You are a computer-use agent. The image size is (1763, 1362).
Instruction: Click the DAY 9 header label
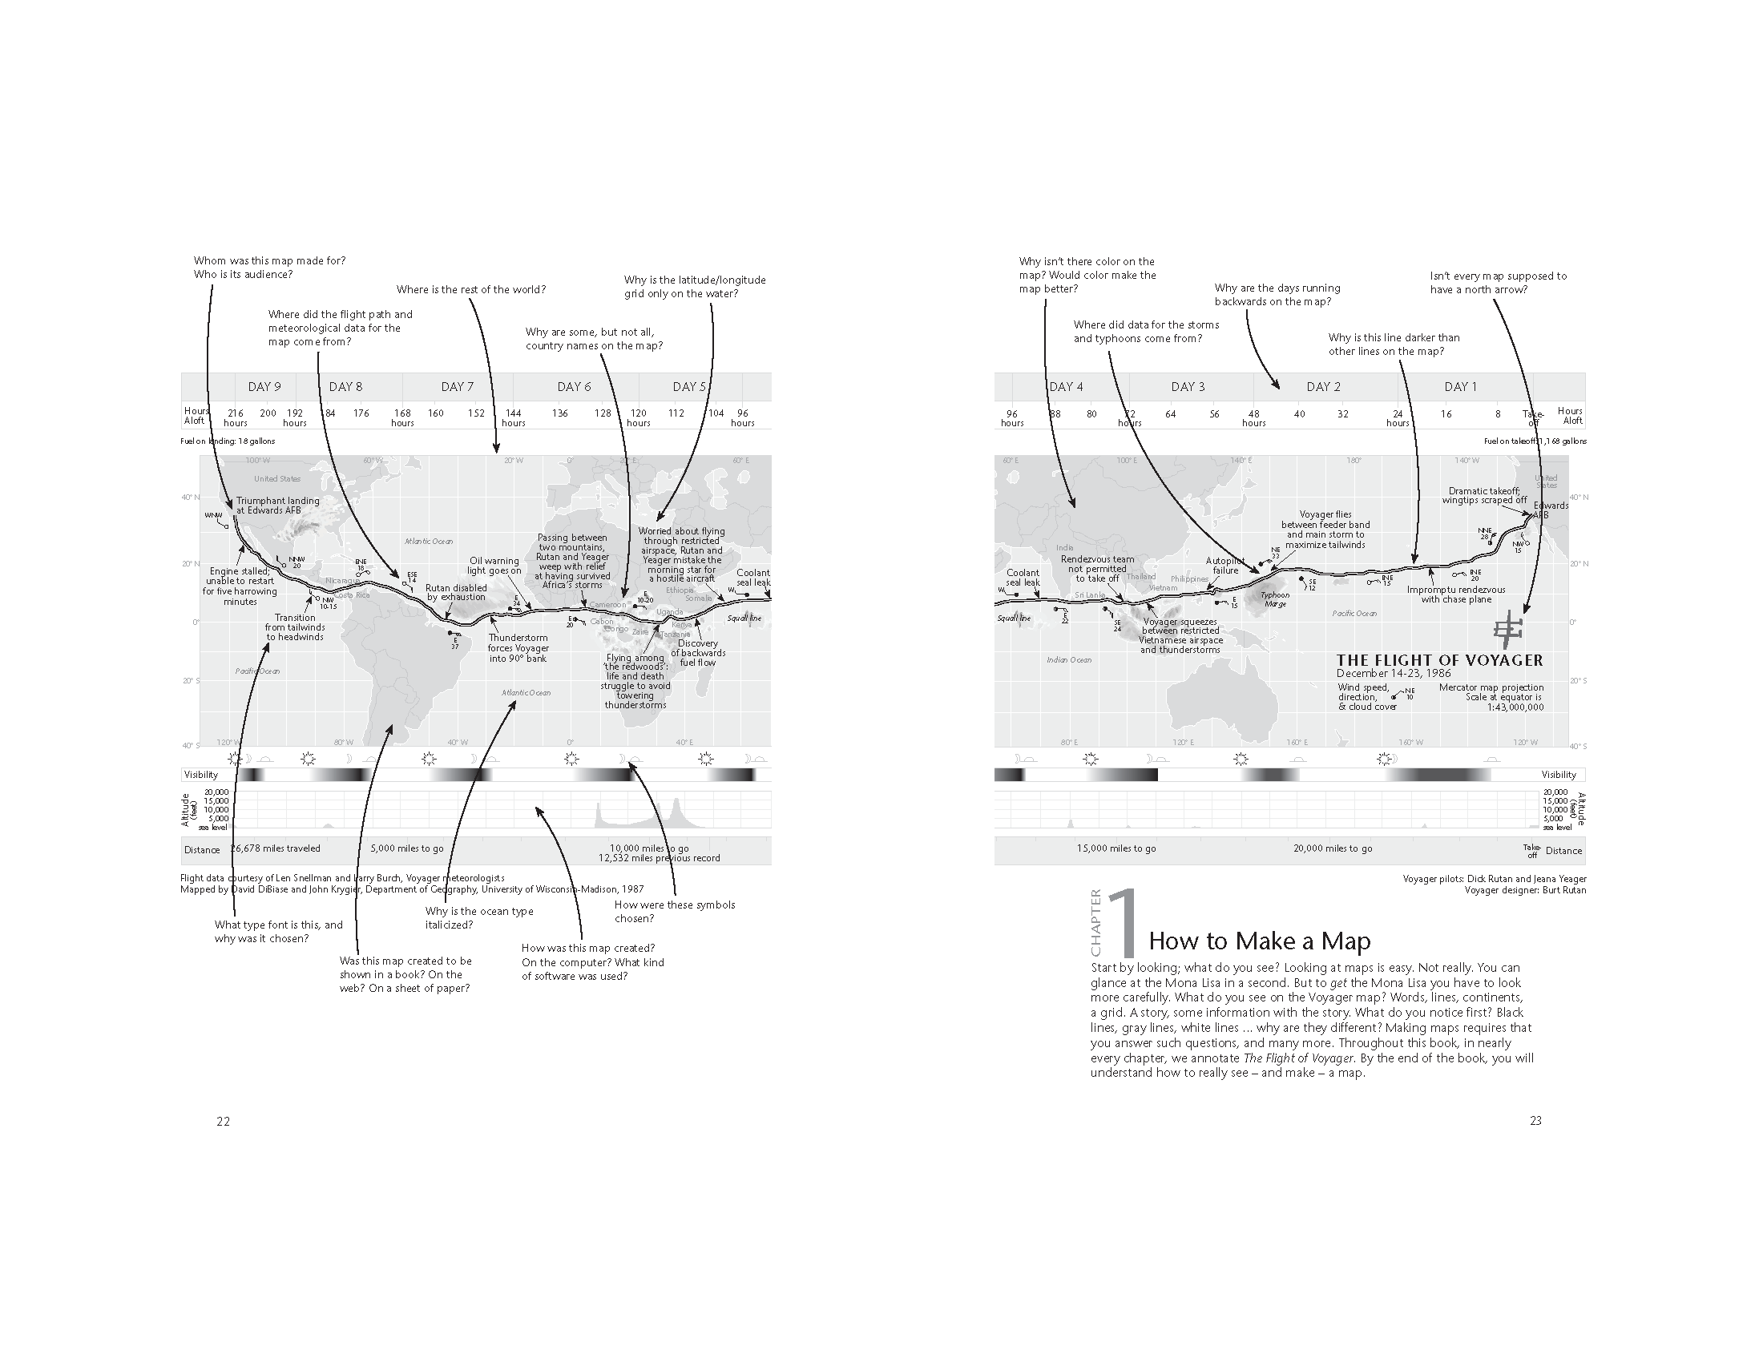(x=264, y=386)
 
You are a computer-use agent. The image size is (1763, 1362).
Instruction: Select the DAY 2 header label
(x=1323, y=386)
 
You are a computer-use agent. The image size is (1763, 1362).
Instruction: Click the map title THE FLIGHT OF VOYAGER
(x=1439, y=660)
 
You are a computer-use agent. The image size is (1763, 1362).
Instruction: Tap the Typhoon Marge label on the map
(x=1276, y=599)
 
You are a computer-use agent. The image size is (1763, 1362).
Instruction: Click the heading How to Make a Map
(x=1259, y=941)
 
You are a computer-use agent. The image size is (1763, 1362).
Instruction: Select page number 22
(x=223, y=1121)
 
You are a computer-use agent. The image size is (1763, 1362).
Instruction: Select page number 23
(x=1535, y=1120)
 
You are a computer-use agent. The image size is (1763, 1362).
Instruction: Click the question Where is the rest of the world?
(x=470, y=290)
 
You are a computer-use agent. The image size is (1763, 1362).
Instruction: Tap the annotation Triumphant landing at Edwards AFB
(x=278, y=505)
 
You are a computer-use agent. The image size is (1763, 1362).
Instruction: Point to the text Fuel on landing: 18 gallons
(x=228, y=441)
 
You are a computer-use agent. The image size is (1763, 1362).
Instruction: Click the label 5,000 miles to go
(x=407, y=848)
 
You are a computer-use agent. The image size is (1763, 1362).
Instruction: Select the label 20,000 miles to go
(x=1333, y=848)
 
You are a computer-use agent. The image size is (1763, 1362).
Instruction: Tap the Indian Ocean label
(x=1069, y=660)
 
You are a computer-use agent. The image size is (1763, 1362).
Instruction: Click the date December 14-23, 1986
(x=1394, y=673)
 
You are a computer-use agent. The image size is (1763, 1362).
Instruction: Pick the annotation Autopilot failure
(x=1224, y=565)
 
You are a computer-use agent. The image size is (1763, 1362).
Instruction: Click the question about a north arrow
(x=1499, y=282)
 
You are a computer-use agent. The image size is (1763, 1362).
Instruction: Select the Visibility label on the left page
(x=201, y=775)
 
